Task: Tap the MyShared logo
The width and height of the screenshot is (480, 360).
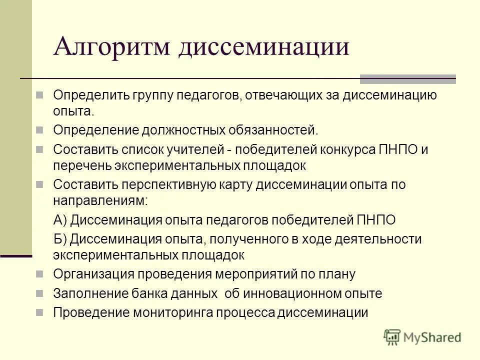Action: (422, 337)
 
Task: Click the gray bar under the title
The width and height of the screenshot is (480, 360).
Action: (408, 79)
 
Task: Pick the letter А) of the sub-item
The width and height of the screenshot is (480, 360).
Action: (60, 219)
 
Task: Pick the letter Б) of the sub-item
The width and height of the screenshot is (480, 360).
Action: (60, 239)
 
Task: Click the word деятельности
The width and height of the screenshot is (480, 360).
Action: (382, 239)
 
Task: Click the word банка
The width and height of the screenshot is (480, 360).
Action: (163, 293)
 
